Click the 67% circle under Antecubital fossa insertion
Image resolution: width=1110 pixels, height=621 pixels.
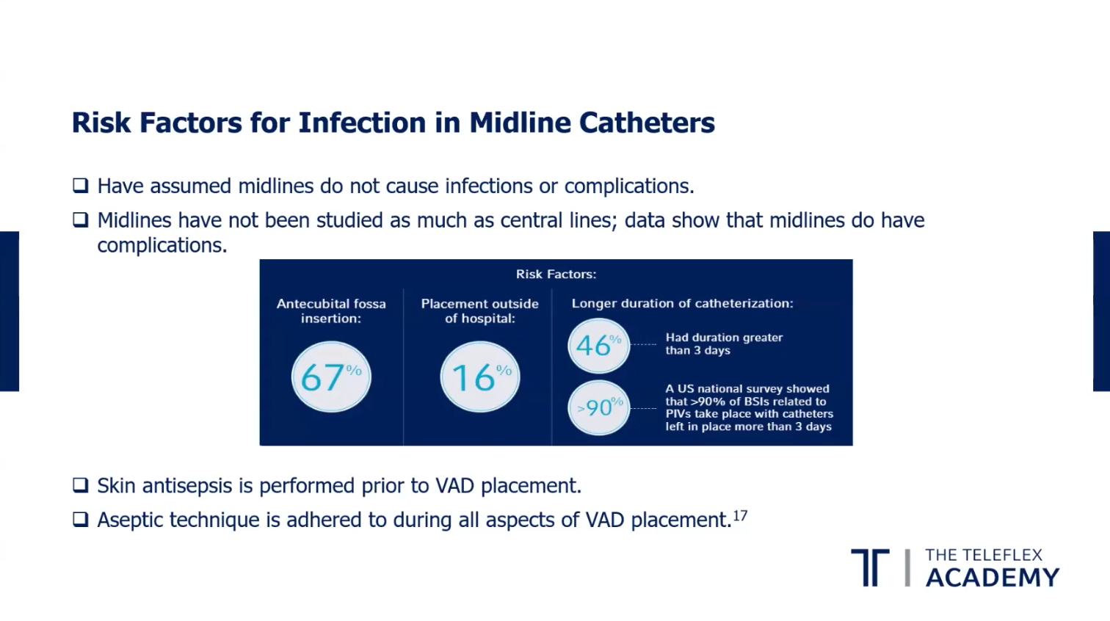pyautogui.click(x=331, y=377)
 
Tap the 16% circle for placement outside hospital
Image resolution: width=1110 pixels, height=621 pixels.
pyautogui.click(x=479, y=377)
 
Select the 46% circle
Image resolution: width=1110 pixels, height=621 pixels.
pyautogui.click(x=598, y=346)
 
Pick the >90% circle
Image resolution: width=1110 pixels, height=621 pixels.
pyautogui.click(x=598, y=407)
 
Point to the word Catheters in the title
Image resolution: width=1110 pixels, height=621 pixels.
pyautogui.click(x=647, y=123)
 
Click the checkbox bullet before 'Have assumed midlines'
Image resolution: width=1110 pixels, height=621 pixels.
pyautogui.click(x=80, y=186)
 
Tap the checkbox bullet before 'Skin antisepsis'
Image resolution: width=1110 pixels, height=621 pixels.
pyautogui.click(x=80, y=485)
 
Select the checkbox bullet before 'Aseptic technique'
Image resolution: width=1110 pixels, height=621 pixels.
pyautogui.click(x=80, y=520)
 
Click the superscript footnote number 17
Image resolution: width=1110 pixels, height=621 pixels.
pyautogui.click(x=740, y=515)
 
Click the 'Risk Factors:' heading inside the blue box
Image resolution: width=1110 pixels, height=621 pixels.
pyautogui.click(x=556, y=274)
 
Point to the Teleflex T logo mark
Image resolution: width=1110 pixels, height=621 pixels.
pyautogui.click(x=870, y=567)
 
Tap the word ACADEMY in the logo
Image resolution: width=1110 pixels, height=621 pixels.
pyautogui.click(x=993, y=578)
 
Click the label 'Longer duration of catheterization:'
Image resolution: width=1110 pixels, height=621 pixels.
pyautogui.click(x=682, y=303)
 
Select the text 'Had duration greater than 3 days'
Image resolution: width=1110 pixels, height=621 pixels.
pyautogui.click(x=724, y=344)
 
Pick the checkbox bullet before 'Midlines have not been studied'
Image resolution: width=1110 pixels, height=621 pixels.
pyautogui.click(x=80, y=219)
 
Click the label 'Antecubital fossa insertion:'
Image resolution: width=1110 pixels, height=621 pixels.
pyautogui.click(x=331, y=310)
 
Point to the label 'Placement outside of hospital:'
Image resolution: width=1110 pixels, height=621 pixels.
pyautogui.click(x=479, y=310)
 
